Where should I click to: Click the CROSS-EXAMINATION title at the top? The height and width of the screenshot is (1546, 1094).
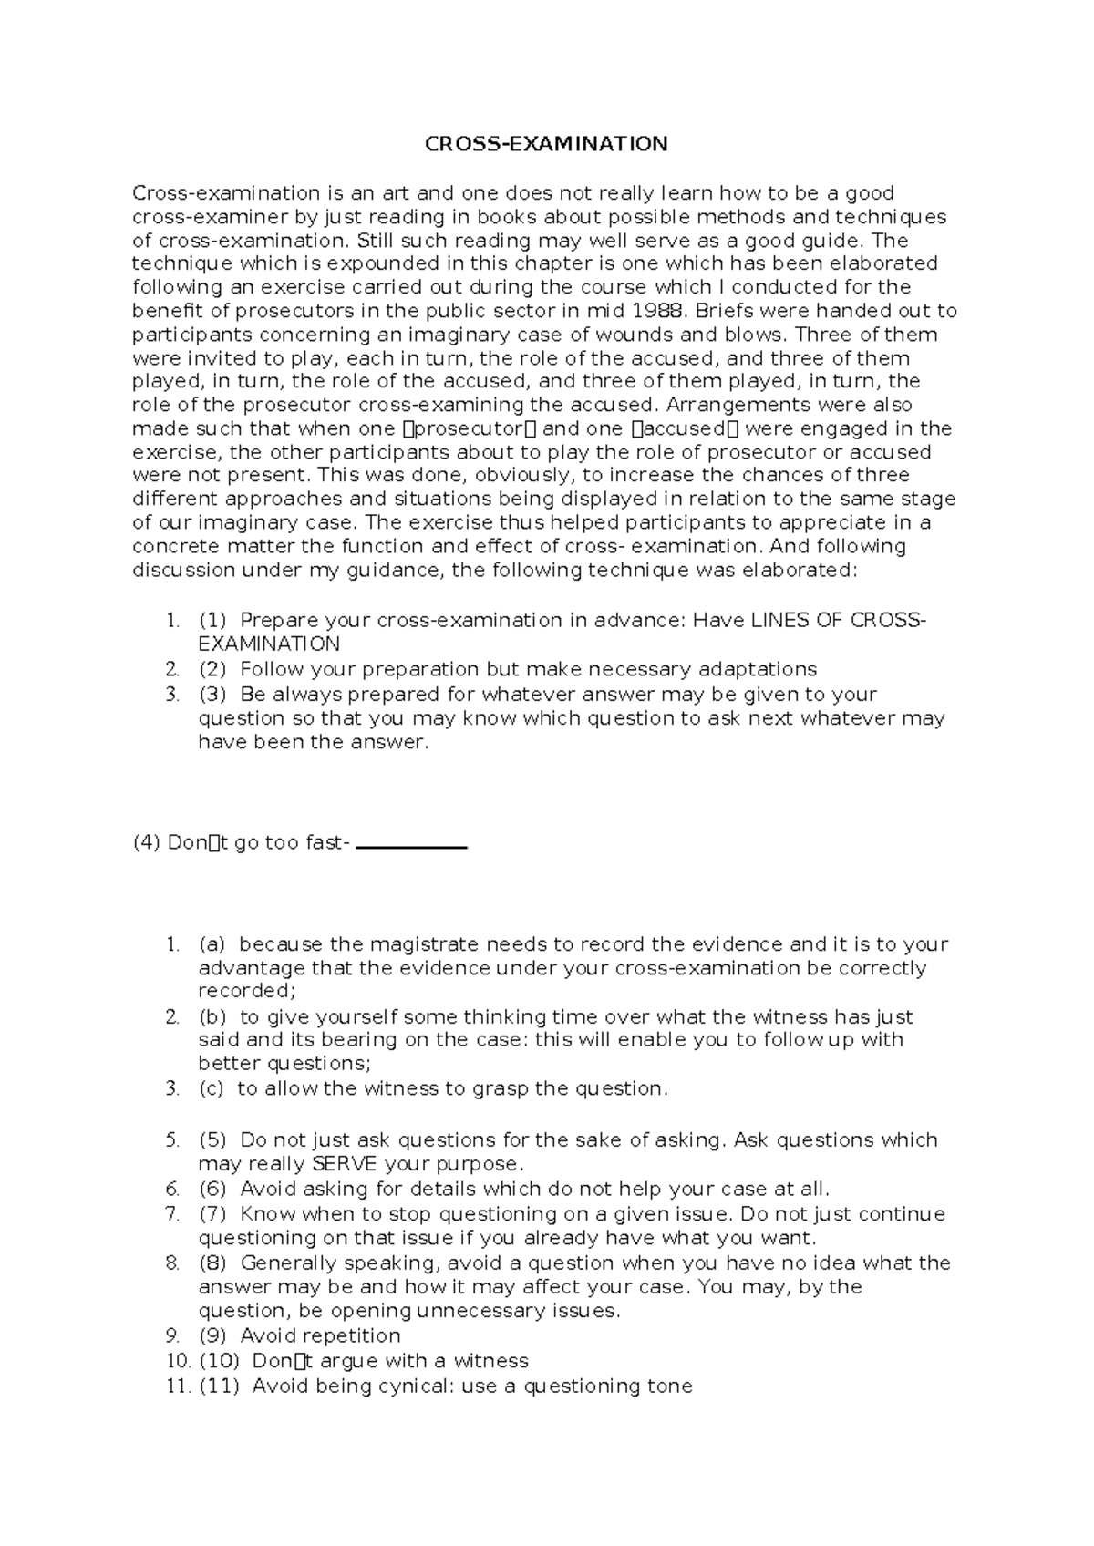click(546, 144)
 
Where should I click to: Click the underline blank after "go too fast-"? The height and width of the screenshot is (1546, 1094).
click(410, 847)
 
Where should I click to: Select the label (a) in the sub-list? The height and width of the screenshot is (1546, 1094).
click(212, 944)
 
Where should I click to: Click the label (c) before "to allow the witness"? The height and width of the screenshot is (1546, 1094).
click(211, 1088)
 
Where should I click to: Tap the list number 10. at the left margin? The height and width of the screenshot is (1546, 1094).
click(179, 1361)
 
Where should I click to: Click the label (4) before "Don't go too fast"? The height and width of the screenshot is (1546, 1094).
click(146, 843)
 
